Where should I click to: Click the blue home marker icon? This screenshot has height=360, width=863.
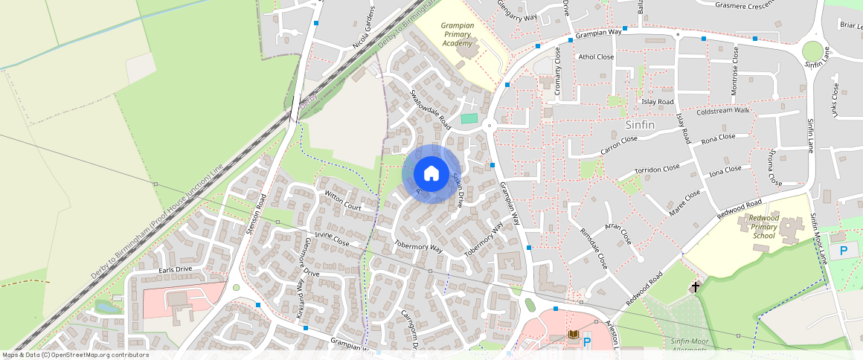[431, 174]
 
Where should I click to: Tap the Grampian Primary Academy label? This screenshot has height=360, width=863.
[458, 34]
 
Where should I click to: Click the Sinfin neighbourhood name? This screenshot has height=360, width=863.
[640, 125]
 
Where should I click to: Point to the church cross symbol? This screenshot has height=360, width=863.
[696, 286]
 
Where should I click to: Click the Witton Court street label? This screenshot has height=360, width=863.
[343, 201]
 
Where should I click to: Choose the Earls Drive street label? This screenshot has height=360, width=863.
[176, 269]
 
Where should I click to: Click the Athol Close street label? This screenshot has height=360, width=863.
[596, 57]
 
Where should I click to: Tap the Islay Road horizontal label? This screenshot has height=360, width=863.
[657, 102]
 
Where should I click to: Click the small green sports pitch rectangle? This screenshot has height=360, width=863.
[469, 118]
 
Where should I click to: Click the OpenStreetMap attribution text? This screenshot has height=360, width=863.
[75, 355]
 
